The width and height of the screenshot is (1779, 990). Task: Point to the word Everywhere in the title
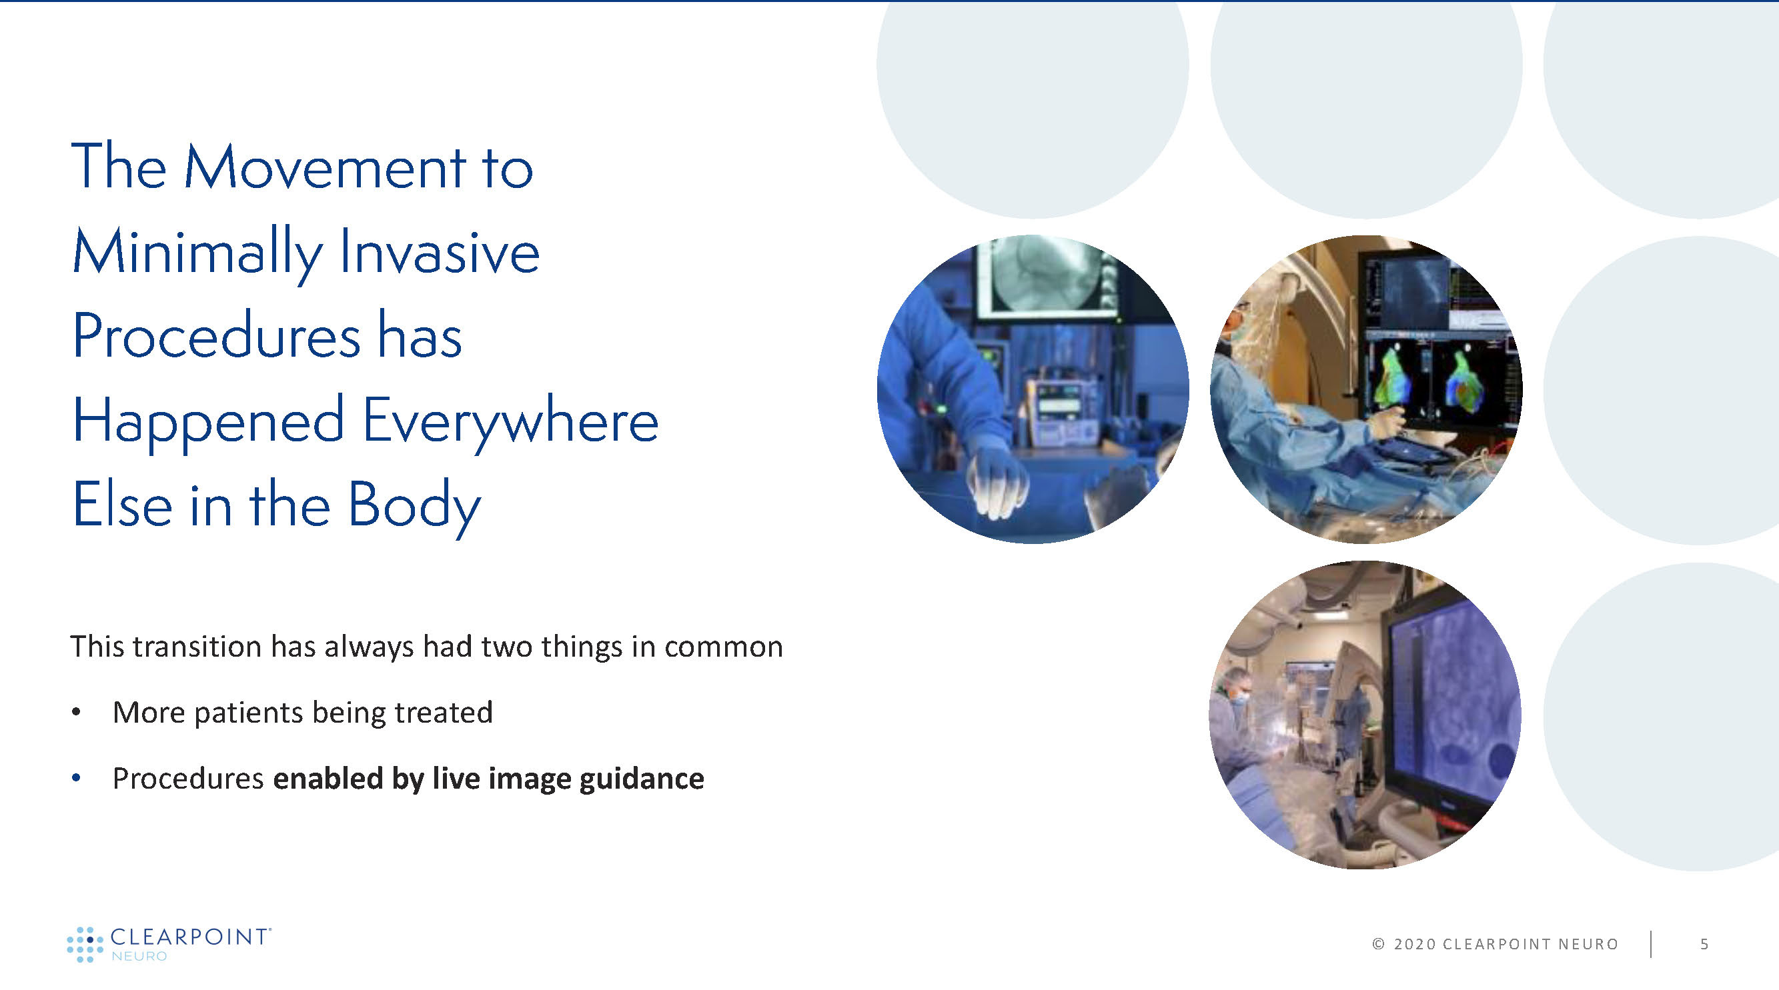[x=510, y=422]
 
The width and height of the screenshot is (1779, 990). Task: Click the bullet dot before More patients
[x=77, y=713]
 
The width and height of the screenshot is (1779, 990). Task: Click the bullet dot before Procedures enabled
[x=77, y=779]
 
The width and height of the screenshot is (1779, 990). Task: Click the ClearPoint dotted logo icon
[x=85, y=945]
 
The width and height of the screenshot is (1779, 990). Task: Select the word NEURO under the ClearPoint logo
[x=139, y=956]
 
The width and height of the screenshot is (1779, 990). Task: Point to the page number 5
[x=1704, y=944]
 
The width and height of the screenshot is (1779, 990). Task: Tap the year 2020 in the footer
[x=1415, y=944]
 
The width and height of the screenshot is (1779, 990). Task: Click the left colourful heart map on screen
[x=1392, y=380]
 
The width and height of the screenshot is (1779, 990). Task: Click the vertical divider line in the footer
[x=1651, y=944]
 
